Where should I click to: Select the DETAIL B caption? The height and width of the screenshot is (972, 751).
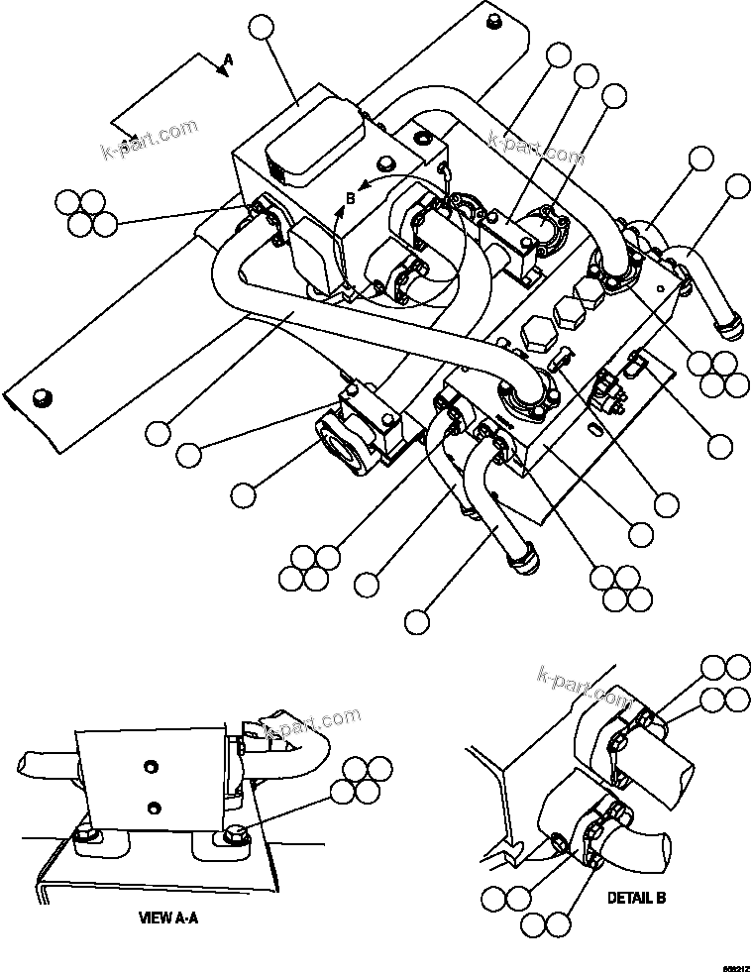(635, 898)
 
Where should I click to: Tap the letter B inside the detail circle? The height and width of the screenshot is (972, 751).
(350, 197)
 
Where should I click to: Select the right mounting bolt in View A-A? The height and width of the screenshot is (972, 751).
(238, 834)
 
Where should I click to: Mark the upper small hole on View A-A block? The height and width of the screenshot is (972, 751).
(151, 764)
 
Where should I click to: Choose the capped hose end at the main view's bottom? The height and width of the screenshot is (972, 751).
(522, 561)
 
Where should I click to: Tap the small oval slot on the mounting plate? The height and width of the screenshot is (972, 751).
(592, 428)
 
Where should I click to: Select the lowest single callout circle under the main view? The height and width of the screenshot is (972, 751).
(417, 622)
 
